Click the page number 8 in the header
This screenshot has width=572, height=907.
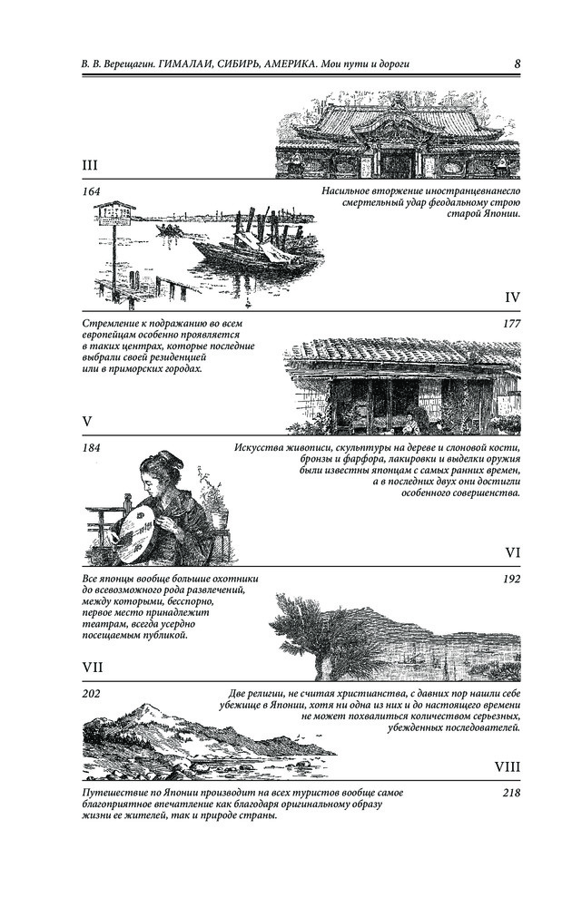(517, 63)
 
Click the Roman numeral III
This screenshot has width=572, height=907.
(90, 166)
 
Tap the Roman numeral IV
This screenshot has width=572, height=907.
(512, 297)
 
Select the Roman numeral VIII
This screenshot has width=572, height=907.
(508, 767)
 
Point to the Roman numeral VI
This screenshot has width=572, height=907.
(512, 552)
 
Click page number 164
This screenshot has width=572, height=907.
(91, 191)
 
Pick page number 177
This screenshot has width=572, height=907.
(512, 324)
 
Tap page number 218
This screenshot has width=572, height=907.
(512, 793)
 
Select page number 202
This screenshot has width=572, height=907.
(91, 694)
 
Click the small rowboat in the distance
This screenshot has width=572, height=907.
(170, 229)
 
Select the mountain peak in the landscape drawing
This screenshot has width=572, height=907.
(146, 707)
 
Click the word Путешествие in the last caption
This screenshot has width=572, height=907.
(112, 793)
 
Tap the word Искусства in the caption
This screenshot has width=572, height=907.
(258, 448)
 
